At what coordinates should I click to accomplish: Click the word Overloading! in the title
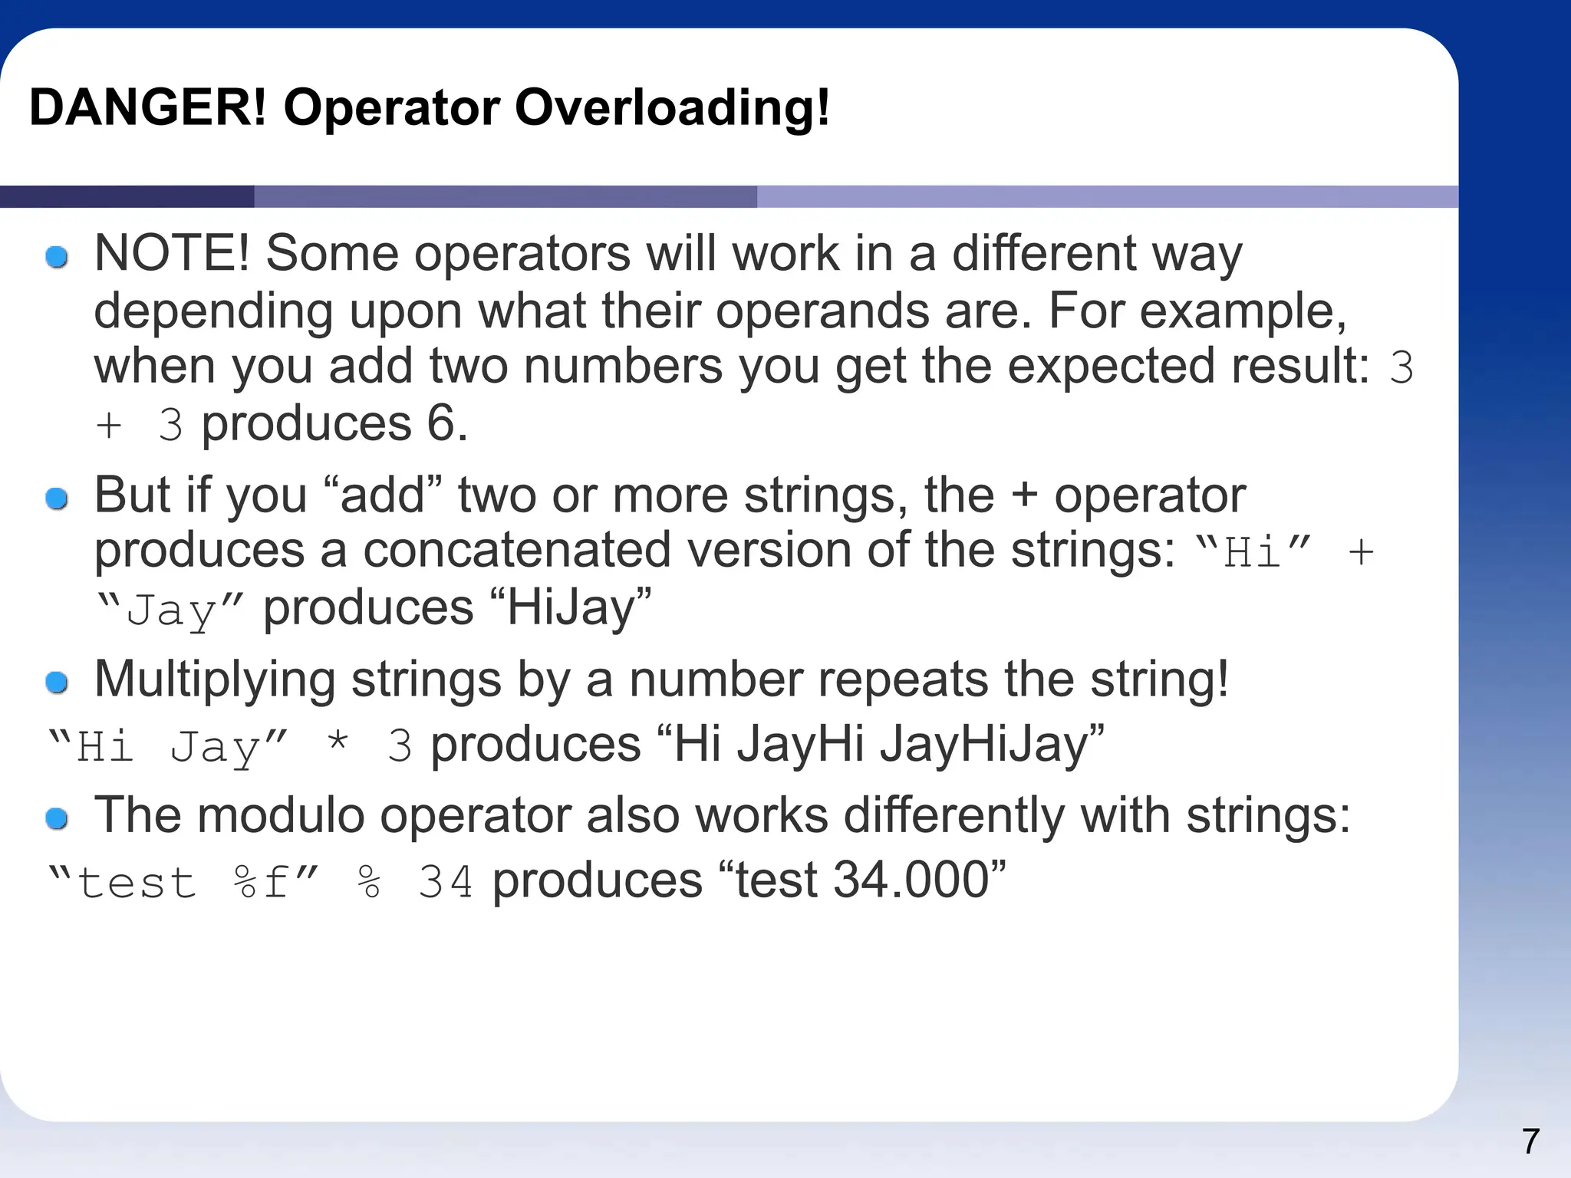click(672, 107)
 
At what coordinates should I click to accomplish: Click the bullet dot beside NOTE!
click(57, 257)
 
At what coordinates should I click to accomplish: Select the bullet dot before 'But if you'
click(57, 499)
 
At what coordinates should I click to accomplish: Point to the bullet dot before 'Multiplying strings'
click(57, 682)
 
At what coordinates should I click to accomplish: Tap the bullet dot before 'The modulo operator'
click(57, 818)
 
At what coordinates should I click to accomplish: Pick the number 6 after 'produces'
click(442, 423)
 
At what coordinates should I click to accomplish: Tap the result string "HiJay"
click(570, 607)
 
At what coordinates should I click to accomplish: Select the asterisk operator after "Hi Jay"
click(338, 744)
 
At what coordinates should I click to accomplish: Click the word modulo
click(281, 814)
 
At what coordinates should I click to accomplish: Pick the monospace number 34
click(445, 882)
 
